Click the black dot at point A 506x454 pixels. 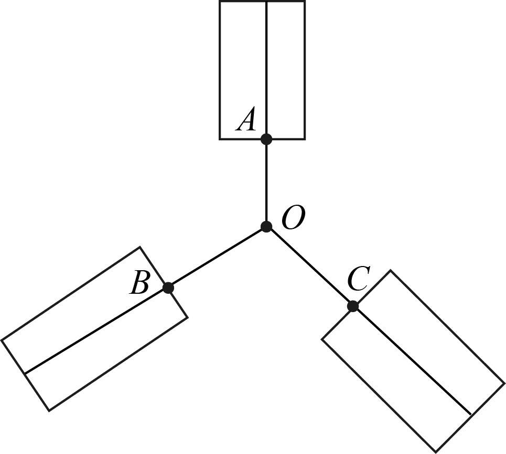click(266, 139)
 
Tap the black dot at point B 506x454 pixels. click(168, 287)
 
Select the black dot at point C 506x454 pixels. click(353, 306)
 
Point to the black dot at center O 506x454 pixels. click(266, 227)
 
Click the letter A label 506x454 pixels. click(246, 120)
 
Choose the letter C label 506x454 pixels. click(359, 279)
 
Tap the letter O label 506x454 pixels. click(293, 218)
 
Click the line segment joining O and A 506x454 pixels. click(266, 183)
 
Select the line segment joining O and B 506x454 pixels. click(217, 257)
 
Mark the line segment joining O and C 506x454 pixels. click(309, 267)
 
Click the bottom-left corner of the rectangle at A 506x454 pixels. click(220, 139)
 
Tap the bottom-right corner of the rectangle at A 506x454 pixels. click(305, 139)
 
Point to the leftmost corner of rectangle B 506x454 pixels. click(2, 340)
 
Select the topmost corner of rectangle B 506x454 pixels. click(140, 247)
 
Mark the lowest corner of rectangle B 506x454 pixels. click(49, 411)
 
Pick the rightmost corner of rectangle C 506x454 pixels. click(504, 383)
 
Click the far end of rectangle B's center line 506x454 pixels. click(25, 373)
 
